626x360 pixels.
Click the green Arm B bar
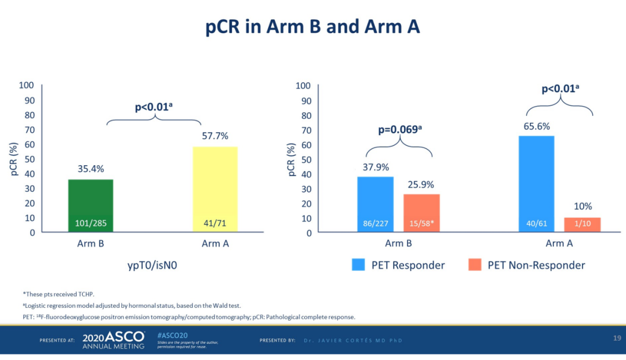click(90, 205)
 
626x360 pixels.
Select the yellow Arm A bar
click(214, 189)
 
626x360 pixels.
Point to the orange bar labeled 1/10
click(583, 224)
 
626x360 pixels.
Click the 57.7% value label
click(214, 136)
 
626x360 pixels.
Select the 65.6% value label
click(536, 126)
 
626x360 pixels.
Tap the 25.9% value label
click(421, 184)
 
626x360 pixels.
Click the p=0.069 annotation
click(399, 130)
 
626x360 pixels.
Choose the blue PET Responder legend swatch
click(358, 265)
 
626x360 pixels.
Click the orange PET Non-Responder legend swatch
click(475, 265)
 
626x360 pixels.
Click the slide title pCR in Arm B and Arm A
click(313, 27)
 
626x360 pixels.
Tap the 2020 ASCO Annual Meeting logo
click(113, 340)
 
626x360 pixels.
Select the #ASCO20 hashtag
click(172, 335)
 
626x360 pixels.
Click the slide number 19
click(617, 338)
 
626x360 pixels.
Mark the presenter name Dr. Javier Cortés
click(353, 340)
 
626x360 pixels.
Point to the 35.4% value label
click(90, 169)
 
